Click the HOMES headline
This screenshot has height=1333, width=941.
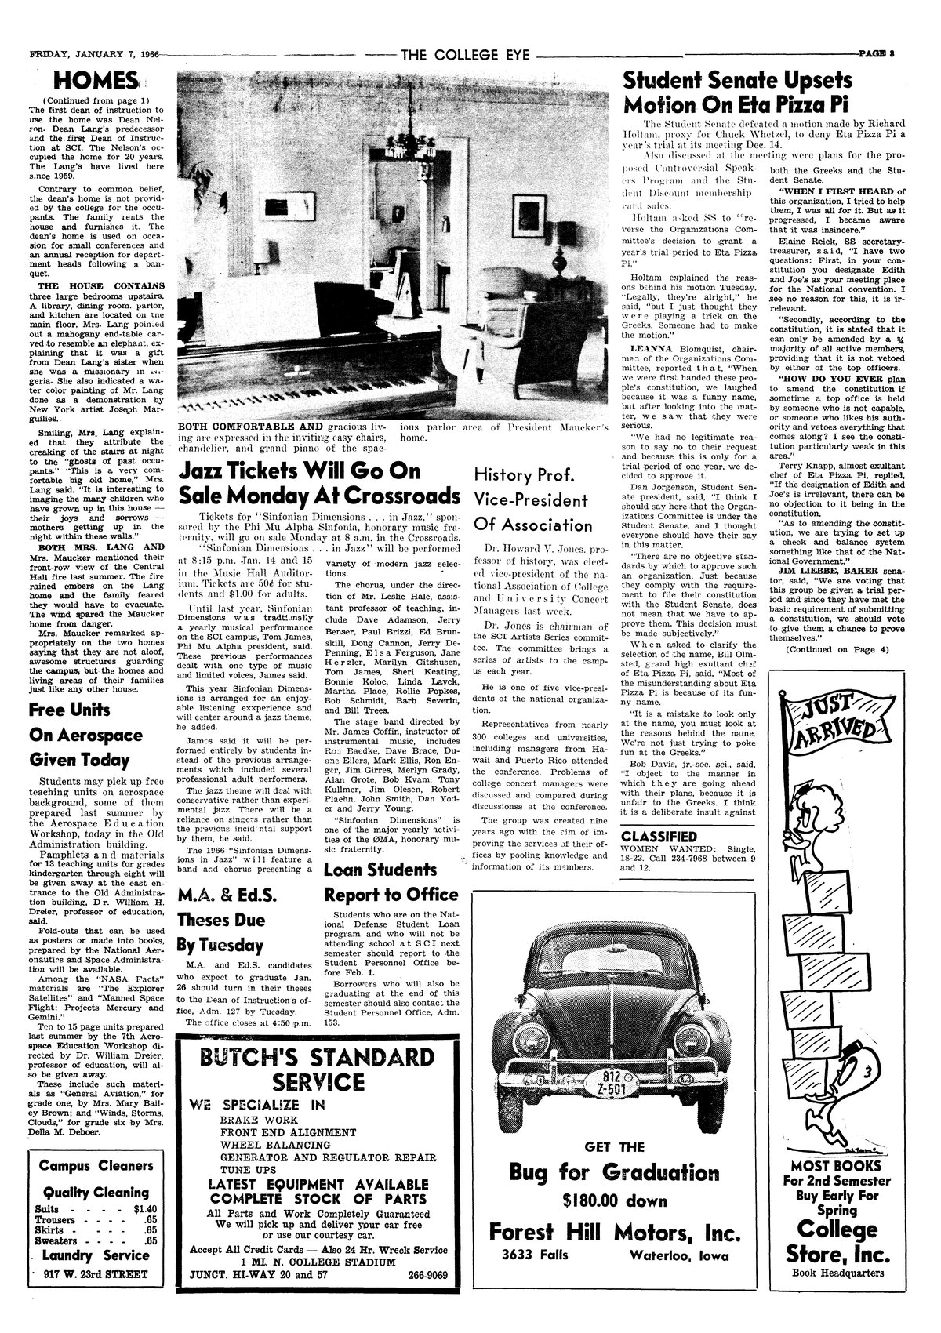pos(93,80)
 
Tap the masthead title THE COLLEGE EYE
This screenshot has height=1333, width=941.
pos(465,55)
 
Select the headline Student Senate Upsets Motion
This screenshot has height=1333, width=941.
pos(738,93)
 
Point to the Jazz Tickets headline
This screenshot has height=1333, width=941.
pos(318,485)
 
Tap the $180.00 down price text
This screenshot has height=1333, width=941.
pos(615,1200)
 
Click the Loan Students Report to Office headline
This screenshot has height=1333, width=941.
pos(391,882)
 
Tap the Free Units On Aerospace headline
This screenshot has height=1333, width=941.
pos(85,735)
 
